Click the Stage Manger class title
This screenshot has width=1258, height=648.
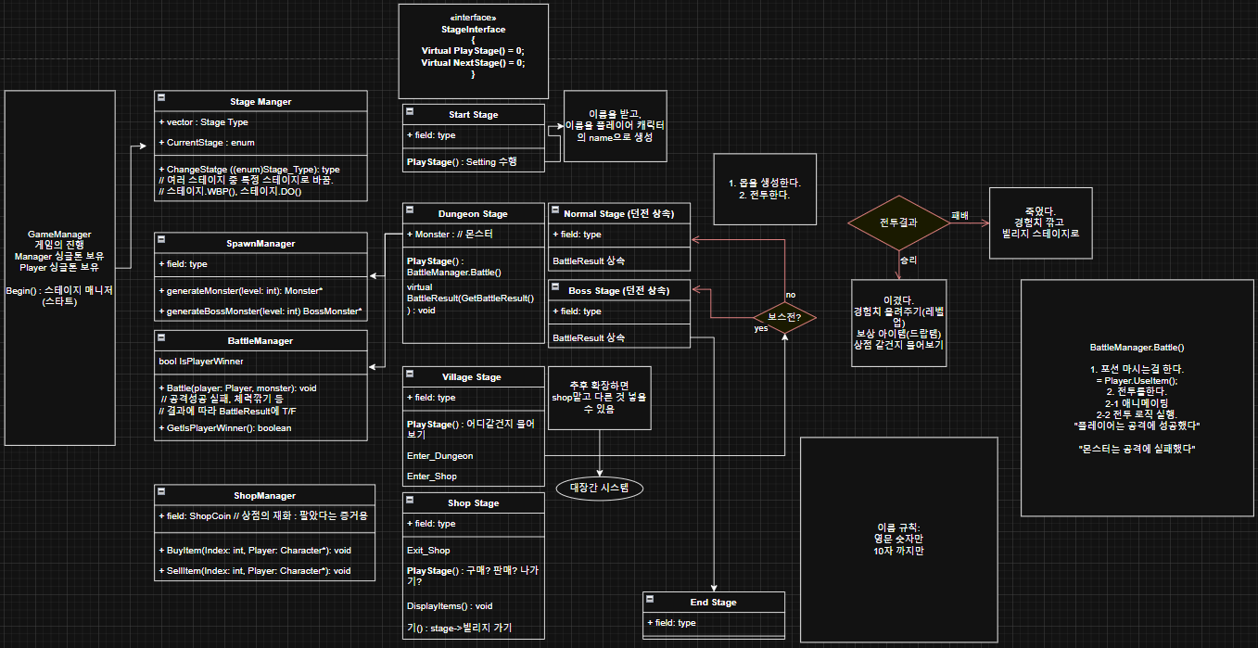[x=260, y=102]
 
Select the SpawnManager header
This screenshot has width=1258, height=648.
[x=260, y=244]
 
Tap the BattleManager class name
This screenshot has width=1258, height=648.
[x=260, y=341]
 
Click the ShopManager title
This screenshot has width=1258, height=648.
[x=264, y=496]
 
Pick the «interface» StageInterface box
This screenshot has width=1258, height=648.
[x=474, y=51]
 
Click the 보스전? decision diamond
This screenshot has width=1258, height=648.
[x=784, y=317]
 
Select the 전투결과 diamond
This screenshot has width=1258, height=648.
[x=898, y=222]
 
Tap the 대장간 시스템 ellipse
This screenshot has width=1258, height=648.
[x=599, y=488]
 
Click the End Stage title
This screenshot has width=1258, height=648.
[x=713, y=603]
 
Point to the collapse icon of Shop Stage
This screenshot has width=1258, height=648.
[x=410, y=500]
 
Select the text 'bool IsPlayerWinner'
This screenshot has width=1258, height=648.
[x=201, y=362]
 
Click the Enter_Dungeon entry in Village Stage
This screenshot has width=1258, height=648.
[x=439, y=456]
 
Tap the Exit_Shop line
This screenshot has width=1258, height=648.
[x=428, y=551]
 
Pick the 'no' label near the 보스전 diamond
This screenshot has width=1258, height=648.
[x=791, y=295]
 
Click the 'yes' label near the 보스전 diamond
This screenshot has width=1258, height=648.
[x=761, y=328]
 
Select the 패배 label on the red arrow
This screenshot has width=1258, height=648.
[x=959, y=216]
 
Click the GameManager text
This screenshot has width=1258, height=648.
[x=59, y=235]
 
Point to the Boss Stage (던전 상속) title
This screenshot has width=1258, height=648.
[x=619, y=291]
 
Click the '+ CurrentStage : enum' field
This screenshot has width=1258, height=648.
[x=207, y=143]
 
